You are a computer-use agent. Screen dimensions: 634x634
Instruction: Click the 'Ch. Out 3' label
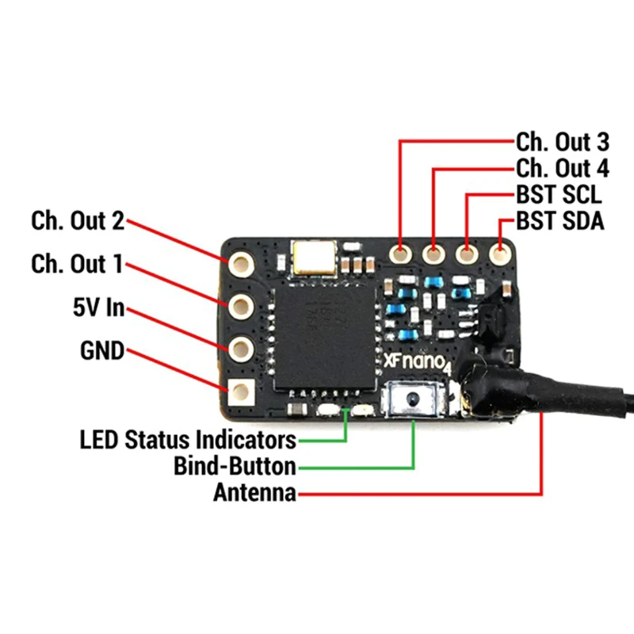tap(563, 142)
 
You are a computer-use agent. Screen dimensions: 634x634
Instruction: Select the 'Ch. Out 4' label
tap(563, 168)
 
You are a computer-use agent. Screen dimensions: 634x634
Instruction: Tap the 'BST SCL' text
tap(560, 194)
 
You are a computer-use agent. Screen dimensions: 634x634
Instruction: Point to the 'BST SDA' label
tap(560, 221)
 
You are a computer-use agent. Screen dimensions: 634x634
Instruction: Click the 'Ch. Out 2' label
tap(78, 221)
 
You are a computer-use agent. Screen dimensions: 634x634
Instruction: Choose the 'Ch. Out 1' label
tap(77, 264)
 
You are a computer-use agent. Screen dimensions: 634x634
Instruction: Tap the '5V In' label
tap(98, 307)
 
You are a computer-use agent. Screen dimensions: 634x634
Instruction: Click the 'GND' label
tap(102, 350)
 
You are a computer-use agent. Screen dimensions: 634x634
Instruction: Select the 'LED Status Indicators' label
tap(188, 440)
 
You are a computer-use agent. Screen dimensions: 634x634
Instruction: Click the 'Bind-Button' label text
tap(235, 466)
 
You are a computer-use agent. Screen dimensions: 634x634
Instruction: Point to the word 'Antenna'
tap(254, 492)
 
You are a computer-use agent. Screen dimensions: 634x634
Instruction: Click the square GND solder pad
tap(241, 391)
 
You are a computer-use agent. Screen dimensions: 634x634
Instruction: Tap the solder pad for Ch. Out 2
tap(241, 265)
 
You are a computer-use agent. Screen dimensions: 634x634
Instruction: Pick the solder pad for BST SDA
tap(500, 254)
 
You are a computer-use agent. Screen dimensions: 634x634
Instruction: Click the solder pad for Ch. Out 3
tap(400, 254)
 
